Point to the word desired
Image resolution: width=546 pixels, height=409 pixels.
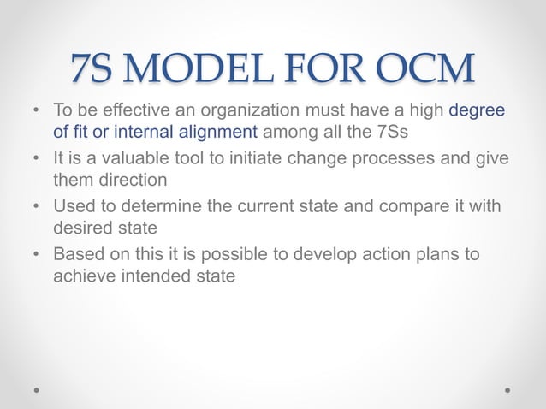tap(83, 229)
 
